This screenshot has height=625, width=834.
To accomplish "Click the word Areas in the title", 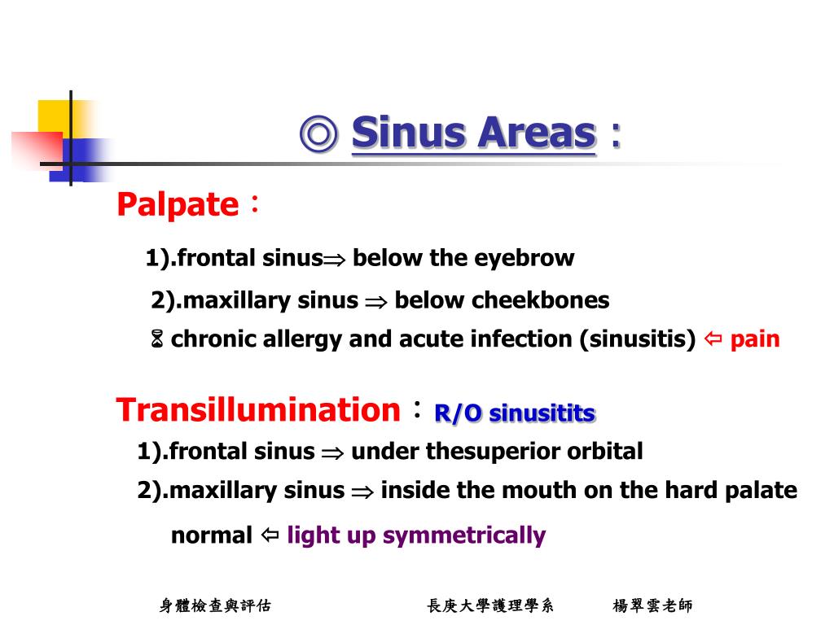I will [536, 133].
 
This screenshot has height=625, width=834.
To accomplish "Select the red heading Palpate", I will [177, 204].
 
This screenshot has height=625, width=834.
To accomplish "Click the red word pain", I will [755, 339].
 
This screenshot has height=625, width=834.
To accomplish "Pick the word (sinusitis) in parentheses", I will [638, 339].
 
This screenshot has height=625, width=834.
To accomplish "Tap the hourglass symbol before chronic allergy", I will [157, 339].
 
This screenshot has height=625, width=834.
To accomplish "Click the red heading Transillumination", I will [258, 409].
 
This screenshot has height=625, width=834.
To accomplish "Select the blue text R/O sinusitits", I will [515, 413].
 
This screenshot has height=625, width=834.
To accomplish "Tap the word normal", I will [212, 535].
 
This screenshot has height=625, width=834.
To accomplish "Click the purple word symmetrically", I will [463, 535].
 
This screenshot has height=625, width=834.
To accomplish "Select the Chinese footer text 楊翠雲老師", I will [652, 605].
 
